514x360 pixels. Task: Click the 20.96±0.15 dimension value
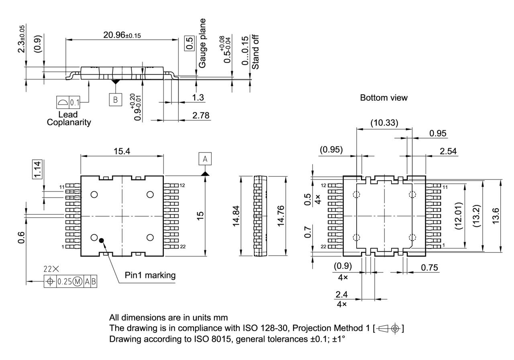122,35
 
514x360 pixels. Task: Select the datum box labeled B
115,100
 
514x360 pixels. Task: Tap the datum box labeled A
205,159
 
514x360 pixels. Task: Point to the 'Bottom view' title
383,98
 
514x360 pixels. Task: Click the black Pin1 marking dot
102,240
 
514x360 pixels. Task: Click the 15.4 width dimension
122,151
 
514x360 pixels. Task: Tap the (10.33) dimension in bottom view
384,124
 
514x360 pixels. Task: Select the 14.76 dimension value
281,216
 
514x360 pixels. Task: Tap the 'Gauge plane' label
203,43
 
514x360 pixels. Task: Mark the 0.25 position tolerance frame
70,281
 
